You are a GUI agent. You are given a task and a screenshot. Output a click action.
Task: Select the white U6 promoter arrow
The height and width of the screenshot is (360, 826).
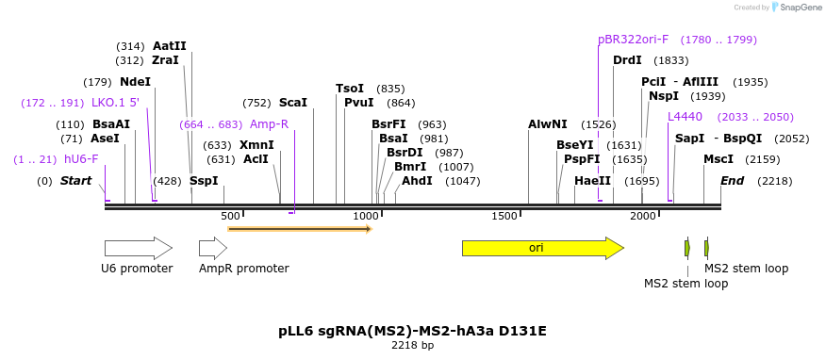pyautogui.click(x=138, y=248)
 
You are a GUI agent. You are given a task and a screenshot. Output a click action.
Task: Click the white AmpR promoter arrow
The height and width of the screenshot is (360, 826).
pyautogui.click(x=213, y=248)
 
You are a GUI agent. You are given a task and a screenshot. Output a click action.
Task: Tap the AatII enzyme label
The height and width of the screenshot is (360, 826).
pyautogui.click(x=170, y=45)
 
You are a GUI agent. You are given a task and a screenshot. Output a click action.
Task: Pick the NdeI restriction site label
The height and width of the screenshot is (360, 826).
pyautogui.click(x=135, y=81)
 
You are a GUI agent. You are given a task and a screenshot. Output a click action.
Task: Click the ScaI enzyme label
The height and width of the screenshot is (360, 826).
pyautogui.click(x=293, y=103)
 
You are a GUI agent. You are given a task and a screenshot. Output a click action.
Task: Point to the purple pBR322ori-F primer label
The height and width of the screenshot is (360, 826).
pyautogui.click(x=634, y=40)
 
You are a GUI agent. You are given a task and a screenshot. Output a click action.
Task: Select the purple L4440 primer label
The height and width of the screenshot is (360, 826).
pyautogui.click(x=685, y=117)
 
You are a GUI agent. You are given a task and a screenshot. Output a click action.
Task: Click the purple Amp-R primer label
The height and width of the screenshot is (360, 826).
pyautogui.click(x=269, y=123)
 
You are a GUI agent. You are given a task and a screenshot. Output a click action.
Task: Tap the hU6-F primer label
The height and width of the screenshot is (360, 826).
pyautogui.click(x=81, y=159)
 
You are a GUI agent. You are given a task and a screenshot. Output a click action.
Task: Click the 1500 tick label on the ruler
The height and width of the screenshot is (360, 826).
pyautogui.click(x=505, y=217)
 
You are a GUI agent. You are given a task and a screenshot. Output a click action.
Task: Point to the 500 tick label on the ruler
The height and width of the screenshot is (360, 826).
pyautogui.click(x=230, y=217)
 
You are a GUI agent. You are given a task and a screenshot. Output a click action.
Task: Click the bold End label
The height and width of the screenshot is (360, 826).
pyautogui.click(x=733, y=181)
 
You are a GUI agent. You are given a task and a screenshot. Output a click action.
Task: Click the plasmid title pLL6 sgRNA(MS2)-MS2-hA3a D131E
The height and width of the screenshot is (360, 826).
pyautogui.click(x=413, y=331)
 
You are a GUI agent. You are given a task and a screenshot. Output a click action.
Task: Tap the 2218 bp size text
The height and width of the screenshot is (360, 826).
pyautogui.click(x=413, y=346)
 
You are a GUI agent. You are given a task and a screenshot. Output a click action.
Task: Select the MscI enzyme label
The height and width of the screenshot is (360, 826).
pyautogui.click(x=719, y=159)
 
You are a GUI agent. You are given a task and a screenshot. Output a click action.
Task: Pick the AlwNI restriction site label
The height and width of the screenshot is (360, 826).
pyautogui.click(x=548, y=123)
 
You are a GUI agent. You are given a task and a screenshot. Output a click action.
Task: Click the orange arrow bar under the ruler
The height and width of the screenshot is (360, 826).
pyautogui.click(x=300, y=228)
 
